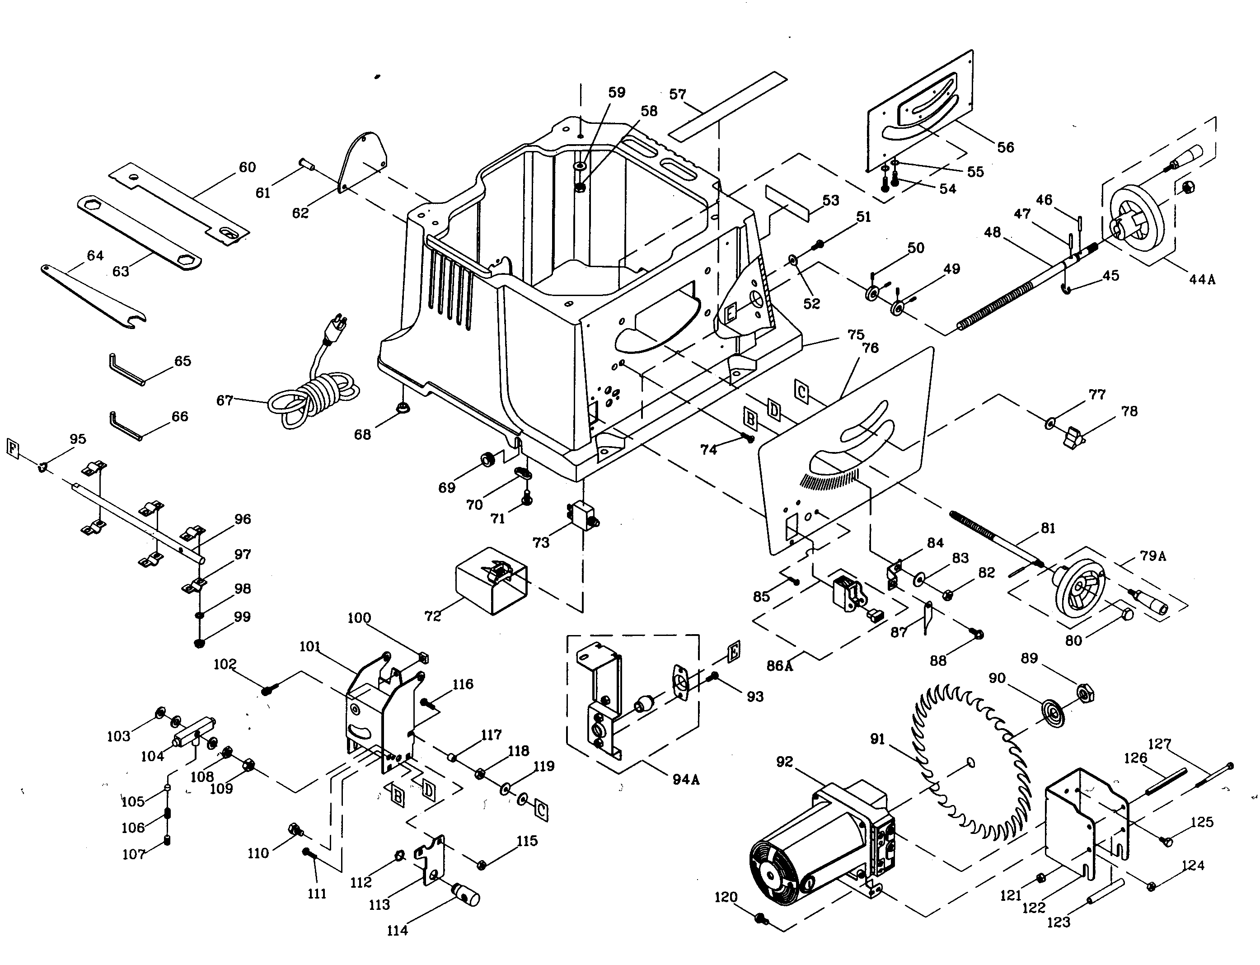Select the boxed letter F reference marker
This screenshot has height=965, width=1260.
13,447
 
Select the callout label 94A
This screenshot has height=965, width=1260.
686,780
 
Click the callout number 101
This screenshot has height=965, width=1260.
310,647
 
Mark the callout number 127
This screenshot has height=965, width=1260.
1160,744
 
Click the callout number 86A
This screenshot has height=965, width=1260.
779,666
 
